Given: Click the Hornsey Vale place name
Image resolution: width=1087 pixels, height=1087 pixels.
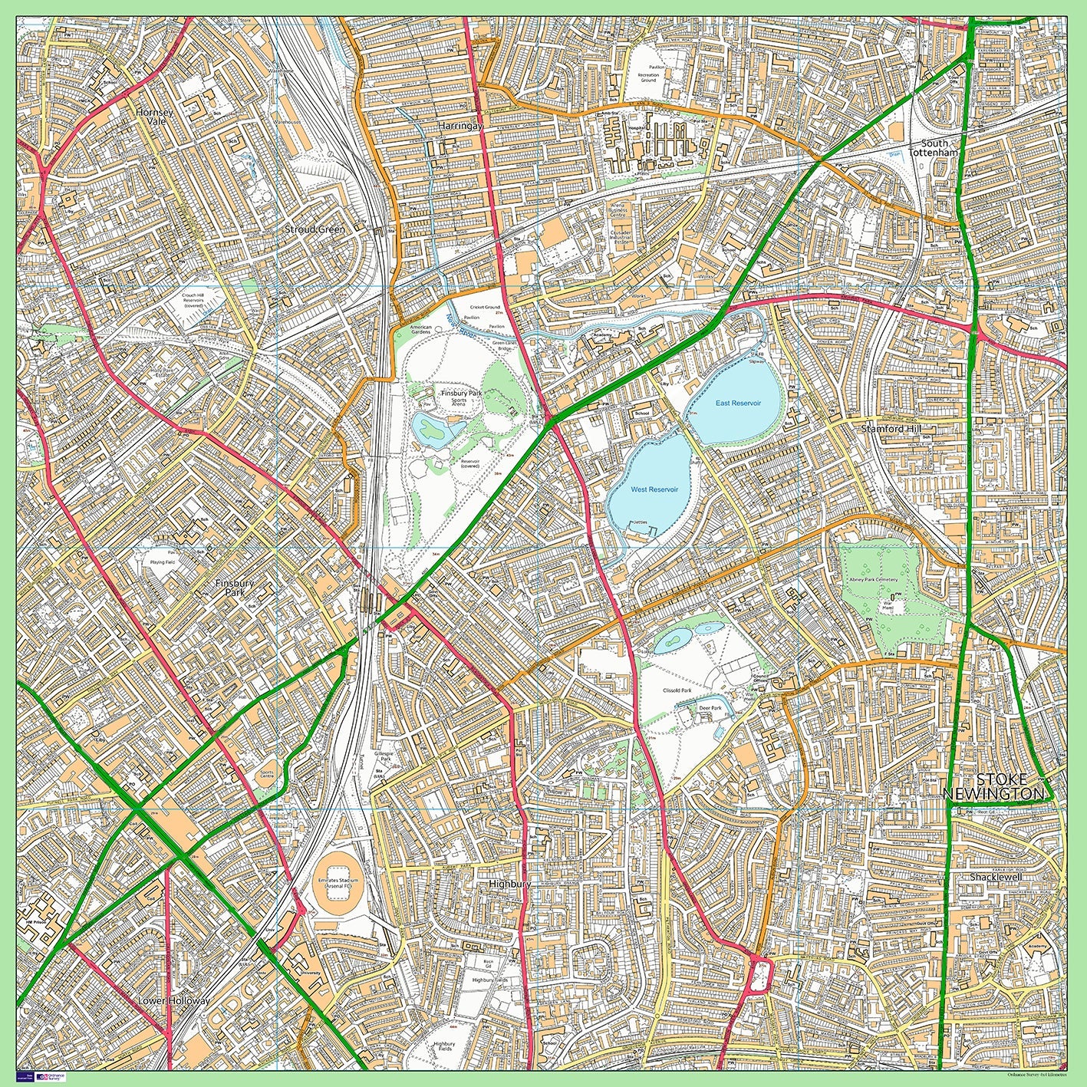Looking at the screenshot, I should point(154,117).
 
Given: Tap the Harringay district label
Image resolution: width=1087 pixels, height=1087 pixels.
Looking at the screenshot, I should point(460,125).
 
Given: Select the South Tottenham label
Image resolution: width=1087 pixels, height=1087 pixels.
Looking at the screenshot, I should point(934,148).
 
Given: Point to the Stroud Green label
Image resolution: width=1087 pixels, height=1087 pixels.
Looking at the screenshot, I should point(315,229).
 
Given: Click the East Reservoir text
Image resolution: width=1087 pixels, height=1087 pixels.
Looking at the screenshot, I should point(738,403).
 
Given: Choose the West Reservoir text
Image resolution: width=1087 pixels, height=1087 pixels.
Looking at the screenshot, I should point(654,489).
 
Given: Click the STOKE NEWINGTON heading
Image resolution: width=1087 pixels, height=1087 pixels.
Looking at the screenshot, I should point(993,787).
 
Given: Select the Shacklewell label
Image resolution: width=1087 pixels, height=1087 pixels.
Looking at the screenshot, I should point(996,877).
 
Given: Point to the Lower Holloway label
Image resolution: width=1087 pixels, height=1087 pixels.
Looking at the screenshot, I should point(173,1001).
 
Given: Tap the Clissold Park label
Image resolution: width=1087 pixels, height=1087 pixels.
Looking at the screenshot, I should point(677,690).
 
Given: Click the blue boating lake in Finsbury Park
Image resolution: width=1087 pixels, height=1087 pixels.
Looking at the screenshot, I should point(433,430).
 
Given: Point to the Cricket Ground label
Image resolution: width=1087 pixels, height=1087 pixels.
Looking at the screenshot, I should point(484,307).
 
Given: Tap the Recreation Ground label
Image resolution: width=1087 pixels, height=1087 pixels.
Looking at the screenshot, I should point(648,77).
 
